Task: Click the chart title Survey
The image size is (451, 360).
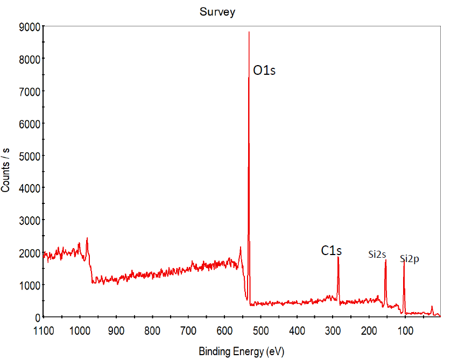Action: (217, 12)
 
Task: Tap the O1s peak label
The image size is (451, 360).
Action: (264, 71)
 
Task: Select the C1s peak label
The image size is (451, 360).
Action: (332, 250)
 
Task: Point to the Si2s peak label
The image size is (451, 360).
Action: (377, 255)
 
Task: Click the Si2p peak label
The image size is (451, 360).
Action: (410, 259)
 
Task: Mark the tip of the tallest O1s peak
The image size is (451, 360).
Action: (249, 32)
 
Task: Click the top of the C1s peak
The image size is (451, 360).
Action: (338, 257)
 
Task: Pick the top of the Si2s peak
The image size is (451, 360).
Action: (385, 260)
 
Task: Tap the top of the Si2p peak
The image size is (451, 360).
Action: (404, 261)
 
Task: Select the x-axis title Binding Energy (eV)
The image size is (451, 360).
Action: (241, 352)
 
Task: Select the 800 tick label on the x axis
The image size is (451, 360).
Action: (152, 329)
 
